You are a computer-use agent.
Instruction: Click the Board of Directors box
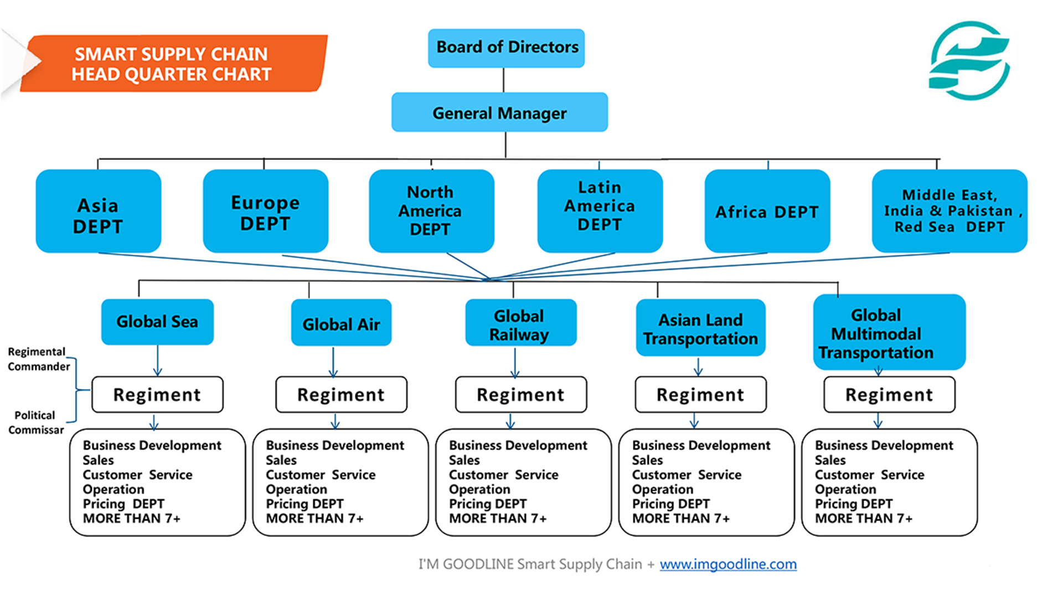[506, 48]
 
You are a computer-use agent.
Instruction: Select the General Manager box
[499, 112]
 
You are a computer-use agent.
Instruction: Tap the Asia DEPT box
[99, 211]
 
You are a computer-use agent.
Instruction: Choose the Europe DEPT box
[266, 211]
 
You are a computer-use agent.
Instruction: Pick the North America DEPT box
[432, 211]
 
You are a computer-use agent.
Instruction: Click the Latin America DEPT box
[600, 211]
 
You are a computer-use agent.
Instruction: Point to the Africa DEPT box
[767, 211]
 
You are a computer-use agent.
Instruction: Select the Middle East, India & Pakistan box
[950, 211]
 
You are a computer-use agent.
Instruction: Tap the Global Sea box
[157, 322]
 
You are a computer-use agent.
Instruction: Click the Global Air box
[341, 322]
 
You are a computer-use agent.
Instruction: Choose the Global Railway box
[521, 322]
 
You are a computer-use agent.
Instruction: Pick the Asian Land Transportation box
[701, 327]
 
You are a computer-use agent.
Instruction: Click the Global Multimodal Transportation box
[889, 332]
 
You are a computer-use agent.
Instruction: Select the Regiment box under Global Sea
[157, 394]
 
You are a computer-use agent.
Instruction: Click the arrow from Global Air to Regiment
[333, 362]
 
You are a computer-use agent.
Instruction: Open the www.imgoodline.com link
[728, 564]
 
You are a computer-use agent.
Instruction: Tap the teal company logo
[970, 61]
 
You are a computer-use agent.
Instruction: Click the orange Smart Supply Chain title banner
[172, 64]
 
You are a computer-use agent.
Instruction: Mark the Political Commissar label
[35, 422]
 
